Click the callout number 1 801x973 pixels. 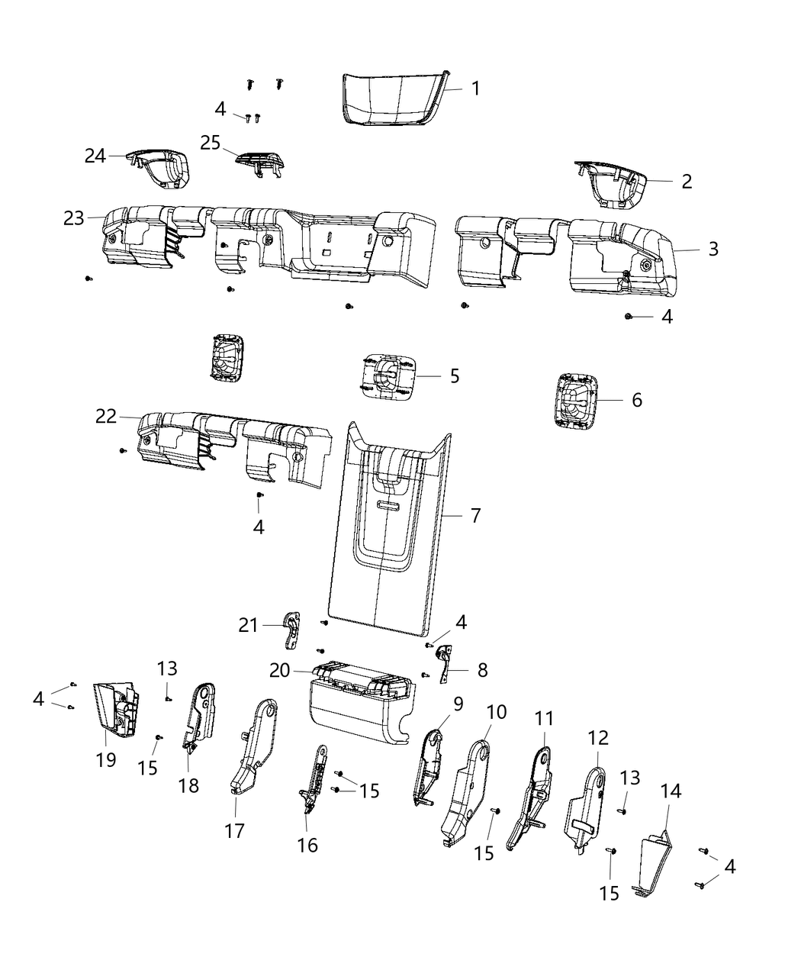click(x=475, y=89)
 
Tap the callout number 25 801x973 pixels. click(x=210, y=142)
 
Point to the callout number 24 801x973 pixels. click(x=95, y=156)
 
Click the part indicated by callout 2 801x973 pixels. click(x=610, y=183)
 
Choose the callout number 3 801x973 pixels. click(x=713, y=249)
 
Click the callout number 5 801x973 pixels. click(x=455, y=375)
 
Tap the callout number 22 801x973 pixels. click(x=105, y=416)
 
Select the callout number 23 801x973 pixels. click(x=73, y=218)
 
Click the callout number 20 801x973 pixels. click(x=279, y=670)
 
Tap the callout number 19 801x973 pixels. click(x=106, y=759)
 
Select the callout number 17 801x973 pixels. click(x=235, y=830)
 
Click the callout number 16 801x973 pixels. click(x=307, y=845)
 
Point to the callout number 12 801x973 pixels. click(x=599, y=738)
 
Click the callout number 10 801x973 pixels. click(x=496, y=713)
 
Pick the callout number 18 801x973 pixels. click(x=188, y=785)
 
